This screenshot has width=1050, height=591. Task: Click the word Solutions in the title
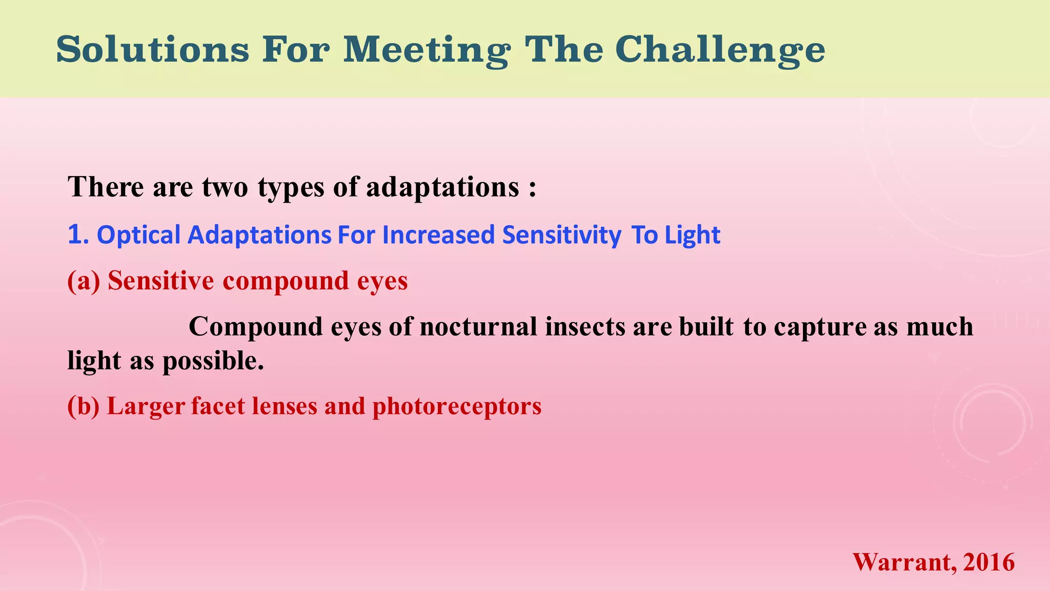[152, 50]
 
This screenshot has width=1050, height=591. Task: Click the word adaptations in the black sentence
[442, 187]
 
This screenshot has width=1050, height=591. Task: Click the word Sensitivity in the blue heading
[561, 235]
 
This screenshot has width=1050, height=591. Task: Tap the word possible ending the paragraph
[212, 361]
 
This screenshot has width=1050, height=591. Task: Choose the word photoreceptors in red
[456, 406]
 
